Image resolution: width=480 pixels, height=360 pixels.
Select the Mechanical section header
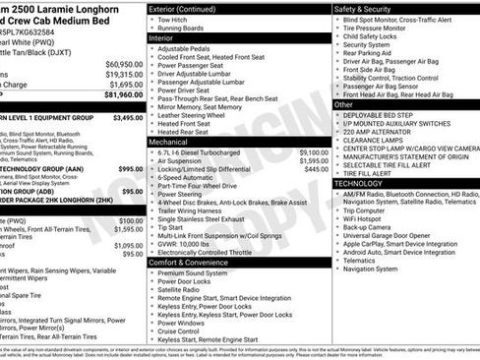coord(169,142)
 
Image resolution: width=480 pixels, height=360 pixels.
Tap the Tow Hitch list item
coord(171,19)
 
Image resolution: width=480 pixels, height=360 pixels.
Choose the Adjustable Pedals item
coord(185,47)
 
